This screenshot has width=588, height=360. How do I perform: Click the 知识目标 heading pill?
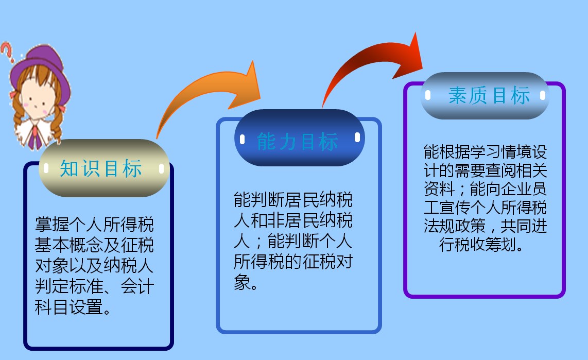pyautogui.click(x=103, y=168)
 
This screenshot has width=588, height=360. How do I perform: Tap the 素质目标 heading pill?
pyautogui.click(x=485, y=96)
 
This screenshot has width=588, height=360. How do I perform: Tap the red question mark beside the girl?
pyautogui.click(x=7, y=52)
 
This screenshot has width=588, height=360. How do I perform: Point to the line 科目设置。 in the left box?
pyautogui.click(x=73, y=308)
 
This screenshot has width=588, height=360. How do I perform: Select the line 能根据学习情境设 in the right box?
pyautogui.click(x=485, y=152)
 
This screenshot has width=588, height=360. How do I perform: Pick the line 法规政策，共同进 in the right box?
pyautogui.click(x=485, y=226)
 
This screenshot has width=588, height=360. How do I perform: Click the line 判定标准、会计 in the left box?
pyautogui.click(x=94, y=287)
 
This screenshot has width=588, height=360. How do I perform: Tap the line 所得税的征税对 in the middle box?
pyautogui.click(x=293, y=262)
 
